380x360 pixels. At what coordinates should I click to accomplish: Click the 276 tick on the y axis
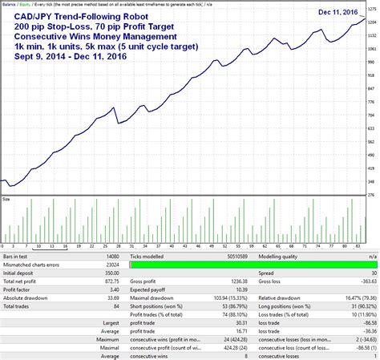click(x=371, y=193)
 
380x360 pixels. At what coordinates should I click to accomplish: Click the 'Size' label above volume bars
click(x=6, y=200)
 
